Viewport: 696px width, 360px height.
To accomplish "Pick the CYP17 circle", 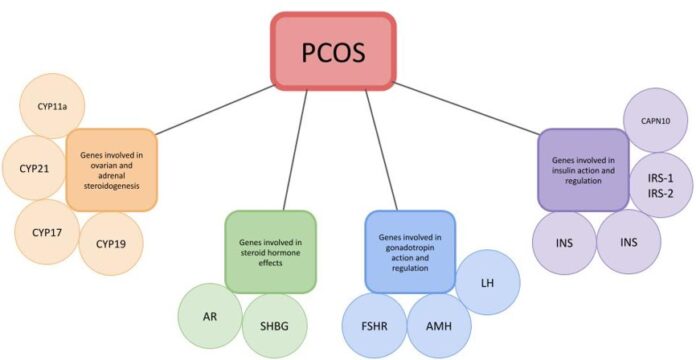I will (x=47, y=232).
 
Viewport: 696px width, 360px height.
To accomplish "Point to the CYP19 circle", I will (x=111, y=243).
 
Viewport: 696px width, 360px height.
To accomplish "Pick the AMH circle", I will (x=439, y=326).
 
